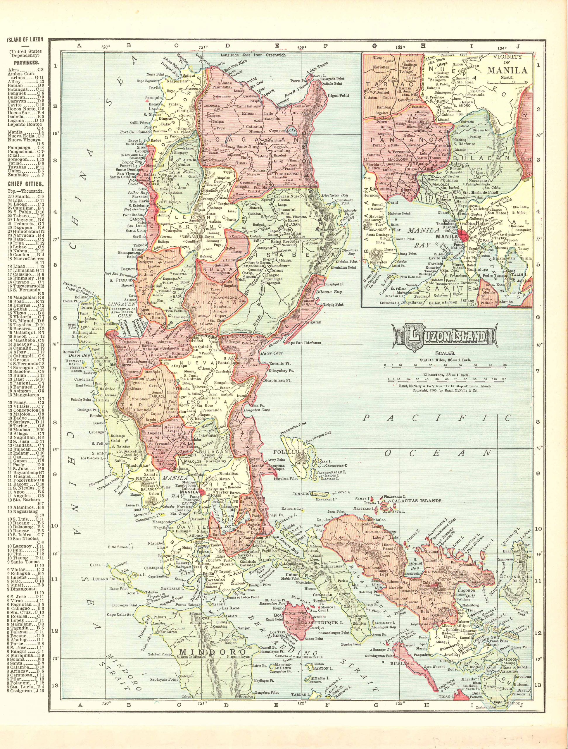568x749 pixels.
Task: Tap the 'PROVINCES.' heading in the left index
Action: (26, 63)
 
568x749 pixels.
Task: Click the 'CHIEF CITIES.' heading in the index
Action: (26, 184)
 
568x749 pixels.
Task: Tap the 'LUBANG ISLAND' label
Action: (114, 579)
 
